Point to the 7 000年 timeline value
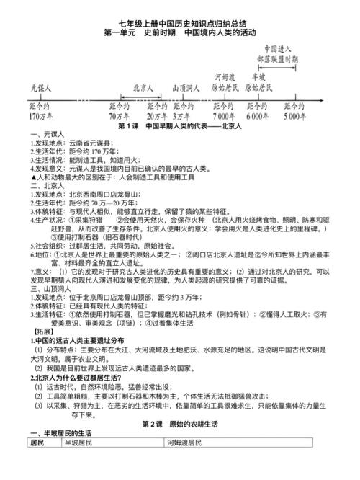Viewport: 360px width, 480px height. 224,115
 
